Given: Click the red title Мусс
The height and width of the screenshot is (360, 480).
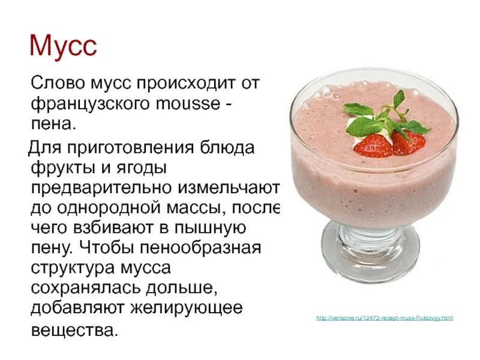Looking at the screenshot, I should (63, 46).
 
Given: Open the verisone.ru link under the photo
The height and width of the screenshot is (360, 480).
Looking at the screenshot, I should (384, 317).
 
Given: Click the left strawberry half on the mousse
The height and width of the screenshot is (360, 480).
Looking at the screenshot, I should (373, 145).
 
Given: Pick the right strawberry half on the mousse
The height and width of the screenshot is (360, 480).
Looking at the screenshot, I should (407, 142).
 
